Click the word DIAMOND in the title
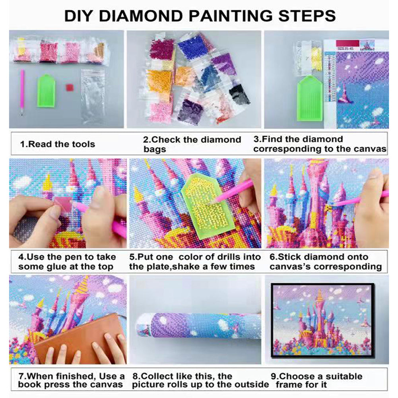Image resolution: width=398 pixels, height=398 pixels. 141,16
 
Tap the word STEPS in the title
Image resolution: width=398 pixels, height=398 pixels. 307,16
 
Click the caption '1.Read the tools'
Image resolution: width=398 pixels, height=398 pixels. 58,144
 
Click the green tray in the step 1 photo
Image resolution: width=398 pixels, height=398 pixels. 46,91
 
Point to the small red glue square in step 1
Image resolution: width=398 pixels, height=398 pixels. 70,88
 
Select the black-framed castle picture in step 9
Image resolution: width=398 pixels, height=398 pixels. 322,320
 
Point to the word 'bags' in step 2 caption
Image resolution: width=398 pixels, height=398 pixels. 155,149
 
